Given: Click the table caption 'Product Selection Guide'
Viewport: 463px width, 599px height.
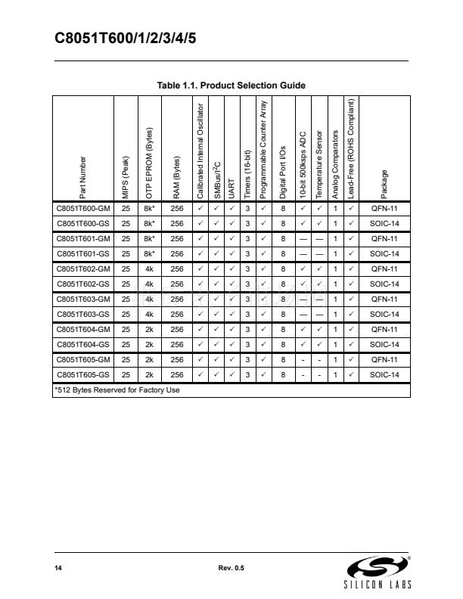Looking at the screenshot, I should tap(231, 85).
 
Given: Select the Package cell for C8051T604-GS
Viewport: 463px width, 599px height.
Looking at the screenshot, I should tap(384, 343).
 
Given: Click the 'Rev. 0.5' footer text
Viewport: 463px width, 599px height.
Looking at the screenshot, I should tap(231, 567).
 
